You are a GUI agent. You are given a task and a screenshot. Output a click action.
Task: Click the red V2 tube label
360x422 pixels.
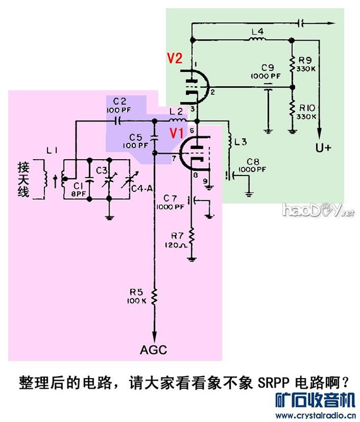click(x=175, y=59)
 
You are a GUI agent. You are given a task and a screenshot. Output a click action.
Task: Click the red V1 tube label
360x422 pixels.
click(x=177, y=133)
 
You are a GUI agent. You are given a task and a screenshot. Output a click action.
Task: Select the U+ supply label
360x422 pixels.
click(x=323, y=148)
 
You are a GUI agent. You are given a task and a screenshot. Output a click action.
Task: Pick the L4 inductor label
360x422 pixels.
click(x=257, y=32)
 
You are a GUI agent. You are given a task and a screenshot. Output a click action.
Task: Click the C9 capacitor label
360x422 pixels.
click(x=267, y=68)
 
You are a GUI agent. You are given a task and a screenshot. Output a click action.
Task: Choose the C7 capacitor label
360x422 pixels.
click(x=171, y=197)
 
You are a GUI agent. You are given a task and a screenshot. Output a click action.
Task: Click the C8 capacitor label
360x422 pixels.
click(x=253, y=161)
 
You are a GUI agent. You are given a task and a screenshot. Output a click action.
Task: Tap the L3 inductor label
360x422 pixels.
click(x=241, y=141)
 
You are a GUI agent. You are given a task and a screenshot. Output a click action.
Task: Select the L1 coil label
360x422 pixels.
click(x=52, y=151)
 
